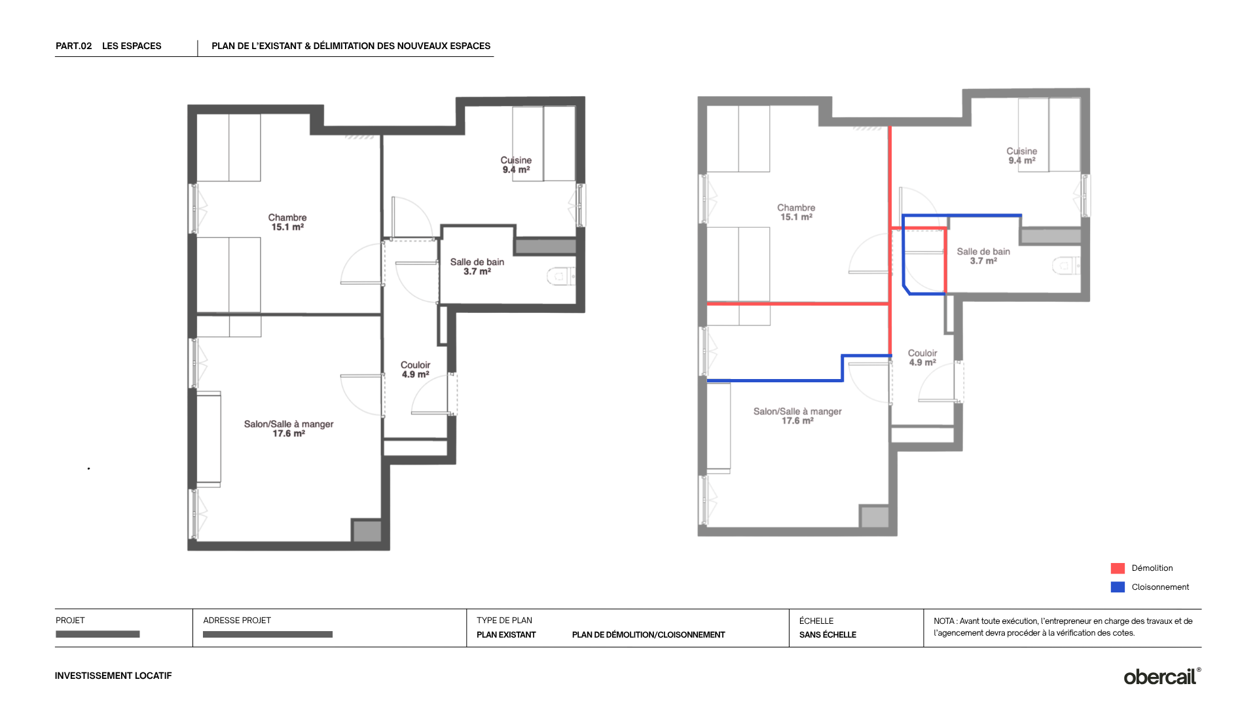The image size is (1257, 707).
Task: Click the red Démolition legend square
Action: (x=1118, y=568)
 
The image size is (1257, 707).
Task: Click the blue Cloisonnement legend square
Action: (x=1118, y=587)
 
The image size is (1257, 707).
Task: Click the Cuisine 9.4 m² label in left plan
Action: (x=516, y=165)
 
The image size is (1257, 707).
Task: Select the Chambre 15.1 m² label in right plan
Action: (x=796, y=212)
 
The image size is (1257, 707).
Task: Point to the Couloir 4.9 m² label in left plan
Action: (x=415, y=370)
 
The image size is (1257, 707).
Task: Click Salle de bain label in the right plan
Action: (x=983, y=251)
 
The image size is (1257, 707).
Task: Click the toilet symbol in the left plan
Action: (x=560, y=277)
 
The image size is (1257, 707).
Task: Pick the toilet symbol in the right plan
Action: (x=1066, y=266)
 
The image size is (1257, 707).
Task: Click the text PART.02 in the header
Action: (x=74, y=46)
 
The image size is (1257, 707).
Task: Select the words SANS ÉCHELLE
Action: (x=828, y=634)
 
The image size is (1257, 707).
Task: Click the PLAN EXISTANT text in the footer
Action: (x=506, y=634)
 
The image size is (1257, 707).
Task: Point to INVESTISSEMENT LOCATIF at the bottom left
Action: (x=113, y=676)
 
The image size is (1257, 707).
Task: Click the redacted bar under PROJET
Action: (x=98, y=634)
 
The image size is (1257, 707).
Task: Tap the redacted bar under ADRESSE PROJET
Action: (x=268, y=634)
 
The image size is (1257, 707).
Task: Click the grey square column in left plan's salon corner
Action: (x=367, y=530)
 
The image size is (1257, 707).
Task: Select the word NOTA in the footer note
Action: (x=944, y=621)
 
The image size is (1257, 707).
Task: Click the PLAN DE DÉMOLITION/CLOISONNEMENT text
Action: (x=648, y=634)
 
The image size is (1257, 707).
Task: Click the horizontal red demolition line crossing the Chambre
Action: (x=798, y=304)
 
